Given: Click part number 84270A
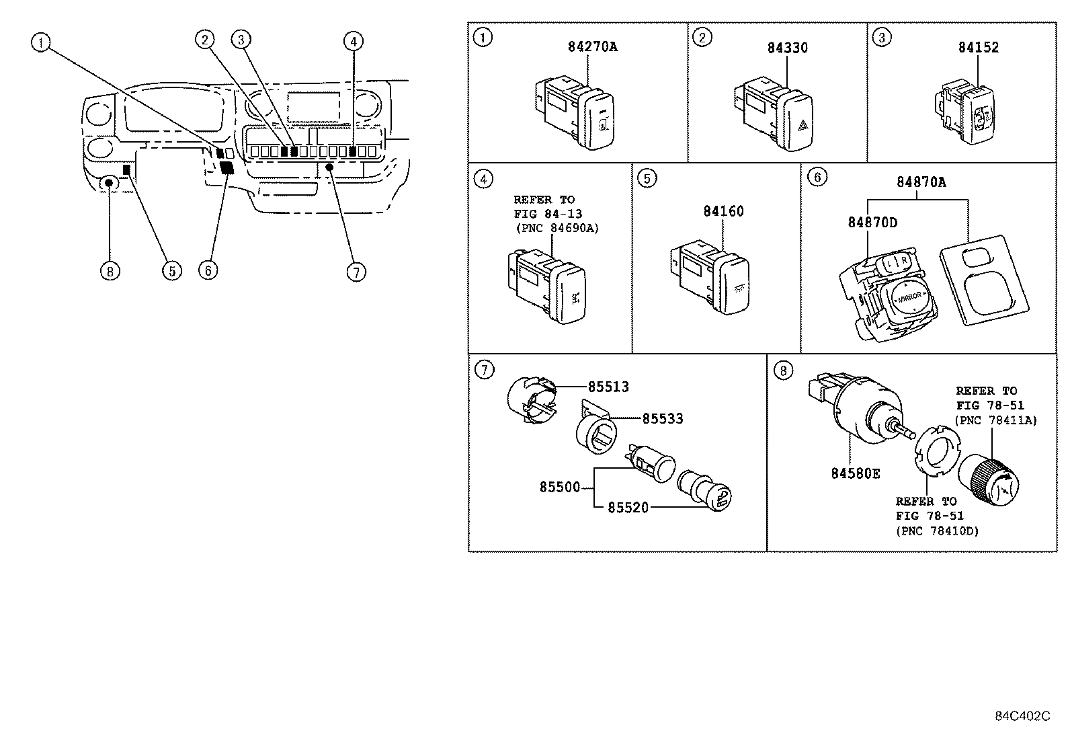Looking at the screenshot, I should point(592,46).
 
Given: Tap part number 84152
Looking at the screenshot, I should point(978,47).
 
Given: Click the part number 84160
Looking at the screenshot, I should point(723,211).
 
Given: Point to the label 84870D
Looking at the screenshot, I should point(872,223).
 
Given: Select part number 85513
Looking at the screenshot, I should point(608,387).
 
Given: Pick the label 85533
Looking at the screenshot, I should point(662,419).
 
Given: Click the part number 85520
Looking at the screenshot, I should point(628,508).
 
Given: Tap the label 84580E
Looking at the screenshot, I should point(855,473).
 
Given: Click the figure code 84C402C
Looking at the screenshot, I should point(1022,716).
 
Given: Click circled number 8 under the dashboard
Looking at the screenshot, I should point(109,271).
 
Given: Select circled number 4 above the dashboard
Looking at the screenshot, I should point(353,41).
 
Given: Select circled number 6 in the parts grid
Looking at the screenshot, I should point(817,177).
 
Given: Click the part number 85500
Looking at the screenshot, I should point(559,487).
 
